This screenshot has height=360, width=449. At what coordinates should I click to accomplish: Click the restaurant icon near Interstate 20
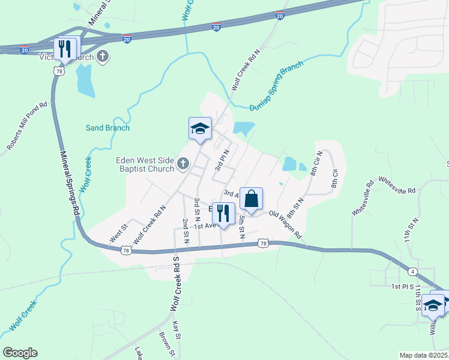pos(64,49)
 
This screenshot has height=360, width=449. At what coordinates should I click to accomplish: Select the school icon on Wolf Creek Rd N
pos(200,128)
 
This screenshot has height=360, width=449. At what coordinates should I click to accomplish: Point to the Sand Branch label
pos(107,128)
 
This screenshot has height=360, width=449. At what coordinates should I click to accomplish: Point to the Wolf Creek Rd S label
pos(176,283)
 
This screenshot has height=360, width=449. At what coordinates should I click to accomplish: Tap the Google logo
pos(20,353)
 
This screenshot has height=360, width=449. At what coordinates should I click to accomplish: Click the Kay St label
pos(176,329)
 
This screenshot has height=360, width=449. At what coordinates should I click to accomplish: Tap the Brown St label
pos(166,344)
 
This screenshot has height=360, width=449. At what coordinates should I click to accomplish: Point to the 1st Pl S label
pos(403,287)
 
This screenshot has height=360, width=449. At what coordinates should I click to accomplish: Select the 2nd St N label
pos(185,231)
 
